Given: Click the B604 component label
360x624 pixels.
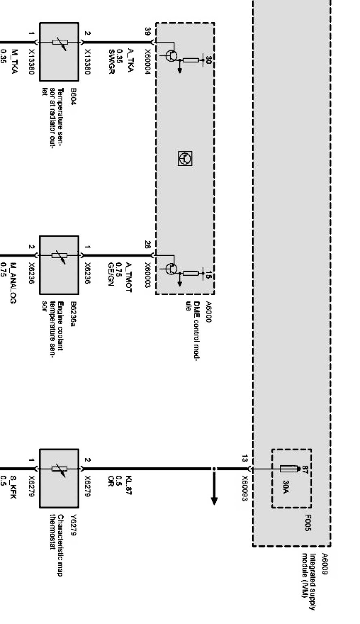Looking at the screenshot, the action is (x=73, y=97).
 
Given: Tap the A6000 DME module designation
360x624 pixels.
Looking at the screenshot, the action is (x=209, y=312).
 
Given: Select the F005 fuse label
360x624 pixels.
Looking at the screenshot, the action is (x=308, y=523).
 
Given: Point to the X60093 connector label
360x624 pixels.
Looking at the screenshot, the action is (x=245, y=488).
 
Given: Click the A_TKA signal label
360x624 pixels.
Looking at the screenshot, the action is (x=130, y=60).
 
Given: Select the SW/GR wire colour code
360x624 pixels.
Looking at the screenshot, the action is (x=112, y=62).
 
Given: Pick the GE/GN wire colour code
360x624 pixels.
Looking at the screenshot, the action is (x=111, y=274).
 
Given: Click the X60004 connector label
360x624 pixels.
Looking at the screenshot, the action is (x=148, y=62).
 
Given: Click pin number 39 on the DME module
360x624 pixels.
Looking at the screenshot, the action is (x=148, y=31).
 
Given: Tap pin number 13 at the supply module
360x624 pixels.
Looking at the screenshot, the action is (x=245, y=459).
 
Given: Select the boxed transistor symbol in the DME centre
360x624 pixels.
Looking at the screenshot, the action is (x=185, y=158).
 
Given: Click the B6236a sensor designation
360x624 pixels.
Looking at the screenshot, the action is (x=73, y=314).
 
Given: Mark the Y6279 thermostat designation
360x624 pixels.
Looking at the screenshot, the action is (x=73, y=525).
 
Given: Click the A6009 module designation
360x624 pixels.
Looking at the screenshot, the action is (x=325, y=564).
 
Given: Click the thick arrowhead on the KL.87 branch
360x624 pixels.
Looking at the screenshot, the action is (x=214, y=501).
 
